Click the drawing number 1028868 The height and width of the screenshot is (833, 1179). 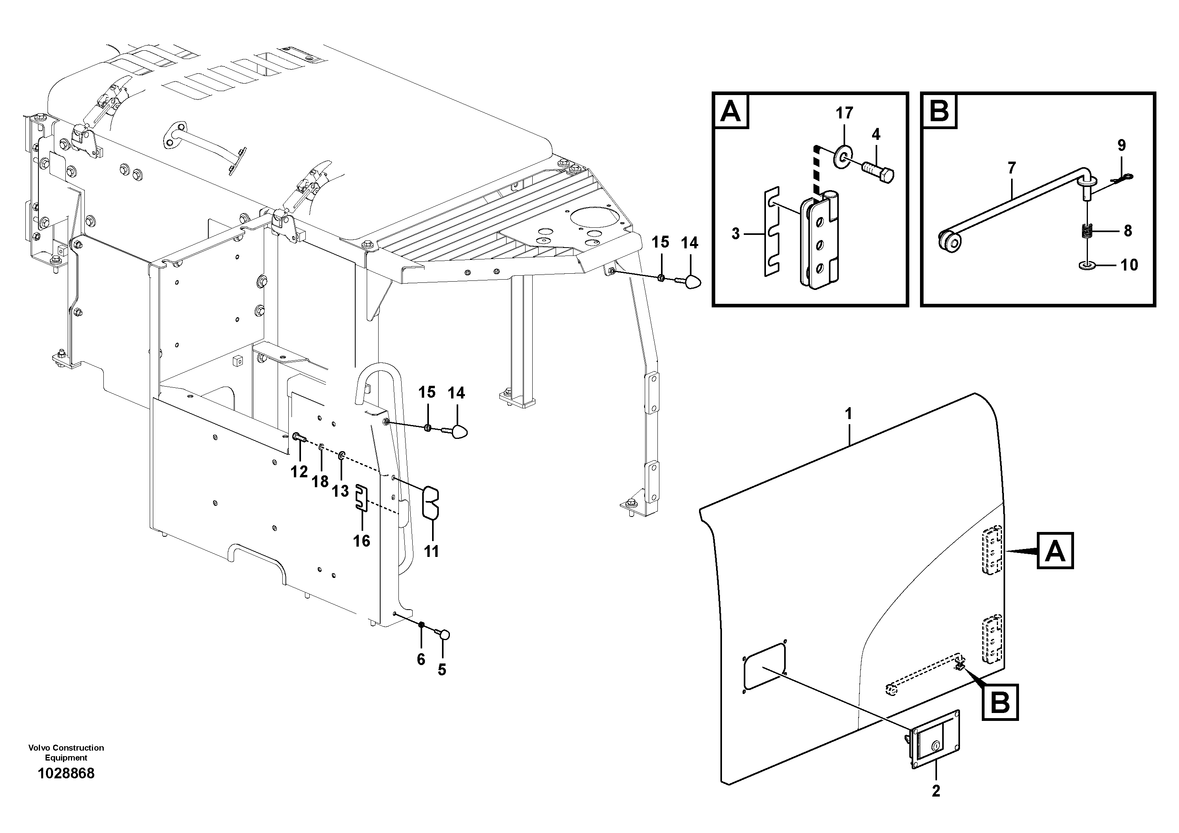click(66, 774)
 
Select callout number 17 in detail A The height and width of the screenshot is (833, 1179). click(844, 112)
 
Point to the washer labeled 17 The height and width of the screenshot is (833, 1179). click(843, 156)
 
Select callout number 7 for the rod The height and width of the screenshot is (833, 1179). click(1011, 168)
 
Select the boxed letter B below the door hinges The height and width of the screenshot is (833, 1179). click(1000, 702)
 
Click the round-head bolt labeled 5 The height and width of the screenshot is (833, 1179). click(444, 635)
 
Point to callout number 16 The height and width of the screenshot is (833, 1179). click(362, 540)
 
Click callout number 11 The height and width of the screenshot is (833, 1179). click(431, 551)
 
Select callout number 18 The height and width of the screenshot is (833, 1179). click(320, 481)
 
